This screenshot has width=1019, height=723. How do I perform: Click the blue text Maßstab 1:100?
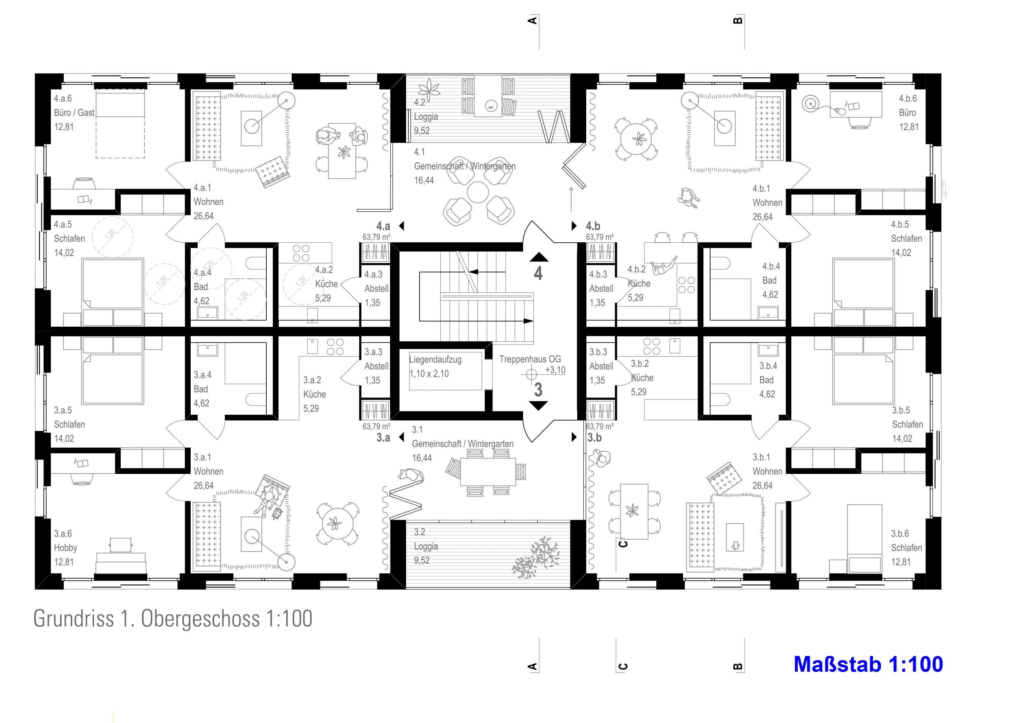(868, 664)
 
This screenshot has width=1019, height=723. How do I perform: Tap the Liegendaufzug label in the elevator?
(435, 359)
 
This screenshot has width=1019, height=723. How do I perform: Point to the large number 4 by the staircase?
(538, 273)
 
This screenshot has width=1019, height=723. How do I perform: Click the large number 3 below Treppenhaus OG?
(538, 390)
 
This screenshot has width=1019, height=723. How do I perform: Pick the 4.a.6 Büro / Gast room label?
(74, 113)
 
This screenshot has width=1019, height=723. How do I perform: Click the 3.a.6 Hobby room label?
(65, 548)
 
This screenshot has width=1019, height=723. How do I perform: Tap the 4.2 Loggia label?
(426, 117)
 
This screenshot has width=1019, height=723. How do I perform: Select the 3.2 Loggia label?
(426, 546)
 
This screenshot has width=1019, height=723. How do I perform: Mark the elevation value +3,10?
(555, 370)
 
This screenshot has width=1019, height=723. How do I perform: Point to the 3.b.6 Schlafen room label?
(906, 548)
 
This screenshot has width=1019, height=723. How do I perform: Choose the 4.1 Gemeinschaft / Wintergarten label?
(465, 166)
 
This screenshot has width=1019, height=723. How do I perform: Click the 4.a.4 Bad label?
(202, 287)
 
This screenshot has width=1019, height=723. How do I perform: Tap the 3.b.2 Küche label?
(642, 378)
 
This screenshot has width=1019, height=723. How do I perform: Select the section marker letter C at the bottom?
(623, 666)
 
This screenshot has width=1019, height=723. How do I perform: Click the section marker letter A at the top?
(532, 20)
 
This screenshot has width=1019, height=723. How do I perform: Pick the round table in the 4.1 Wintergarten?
(478, 192)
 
